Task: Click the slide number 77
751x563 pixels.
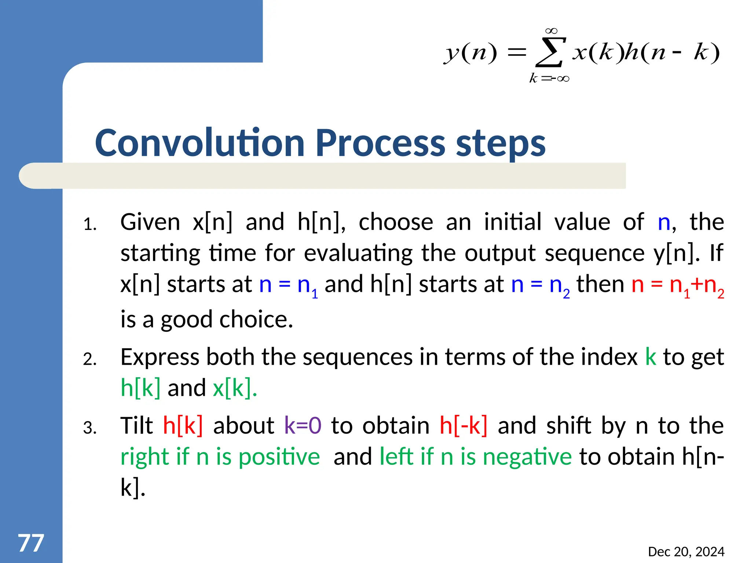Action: click(31, 543)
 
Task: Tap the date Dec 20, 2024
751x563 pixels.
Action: click(686, 552)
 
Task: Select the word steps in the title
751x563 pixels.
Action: click(501, 144)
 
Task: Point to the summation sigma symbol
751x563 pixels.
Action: click(549, 53)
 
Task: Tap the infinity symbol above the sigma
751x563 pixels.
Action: click(551, 31)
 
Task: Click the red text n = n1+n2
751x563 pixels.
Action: click(678, 285)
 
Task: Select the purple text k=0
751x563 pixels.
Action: click(303, 426)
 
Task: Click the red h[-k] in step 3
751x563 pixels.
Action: click(464, 426)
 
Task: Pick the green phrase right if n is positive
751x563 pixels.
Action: click(220, 457)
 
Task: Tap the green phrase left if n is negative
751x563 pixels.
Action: click(476, 457)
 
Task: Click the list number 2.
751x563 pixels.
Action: click(89, 359)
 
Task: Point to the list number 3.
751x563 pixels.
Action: click(89, 428)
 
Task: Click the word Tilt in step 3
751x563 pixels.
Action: click(137, 426)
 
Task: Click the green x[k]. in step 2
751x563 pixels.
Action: click(235, 388)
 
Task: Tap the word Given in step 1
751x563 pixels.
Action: click(150, 222)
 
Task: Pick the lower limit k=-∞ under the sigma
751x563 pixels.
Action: click(549, 78)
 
